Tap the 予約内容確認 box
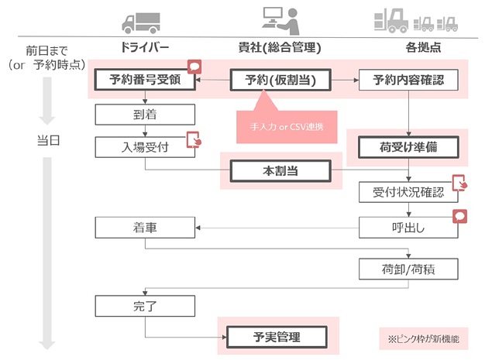tap(409, 80)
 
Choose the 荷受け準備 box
tap(409, 146)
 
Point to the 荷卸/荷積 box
tap(409, 269)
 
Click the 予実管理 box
tap(277, 337)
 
